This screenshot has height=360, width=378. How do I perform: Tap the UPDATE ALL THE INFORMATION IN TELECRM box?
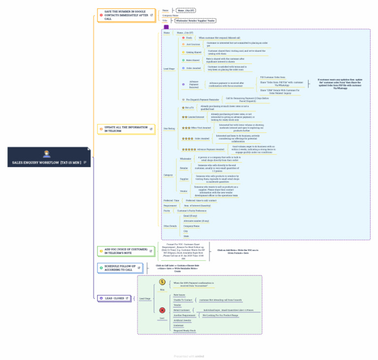point(126,129)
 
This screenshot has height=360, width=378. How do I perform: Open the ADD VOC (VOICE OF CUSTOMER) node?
point(126,251)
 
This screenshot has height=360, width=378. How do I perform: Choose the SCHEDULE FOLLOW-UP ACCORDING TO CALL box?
point(123,268)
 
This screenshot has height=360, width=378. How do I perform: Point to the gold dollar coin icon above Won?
point(162,282)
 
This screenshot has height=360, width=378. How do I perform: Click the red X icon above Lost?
point(162,310)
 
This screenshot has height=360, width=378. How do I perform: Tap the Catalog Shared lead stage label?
point(193,52)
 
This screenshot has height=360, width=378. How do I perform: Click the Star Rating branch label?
point(169,128)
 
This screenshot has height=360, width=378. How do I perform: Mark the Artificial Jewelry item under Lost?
point(182,320)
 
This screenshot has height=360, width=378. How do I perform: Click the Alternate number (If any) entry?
point(196,221)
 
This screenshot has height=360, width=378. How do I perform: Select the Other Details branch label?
point(170,226)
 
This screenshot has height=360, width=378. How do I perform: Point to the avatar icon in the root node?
point(47,154)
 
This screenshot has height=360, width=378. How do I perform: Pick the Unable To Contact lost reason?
point(183,300)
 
